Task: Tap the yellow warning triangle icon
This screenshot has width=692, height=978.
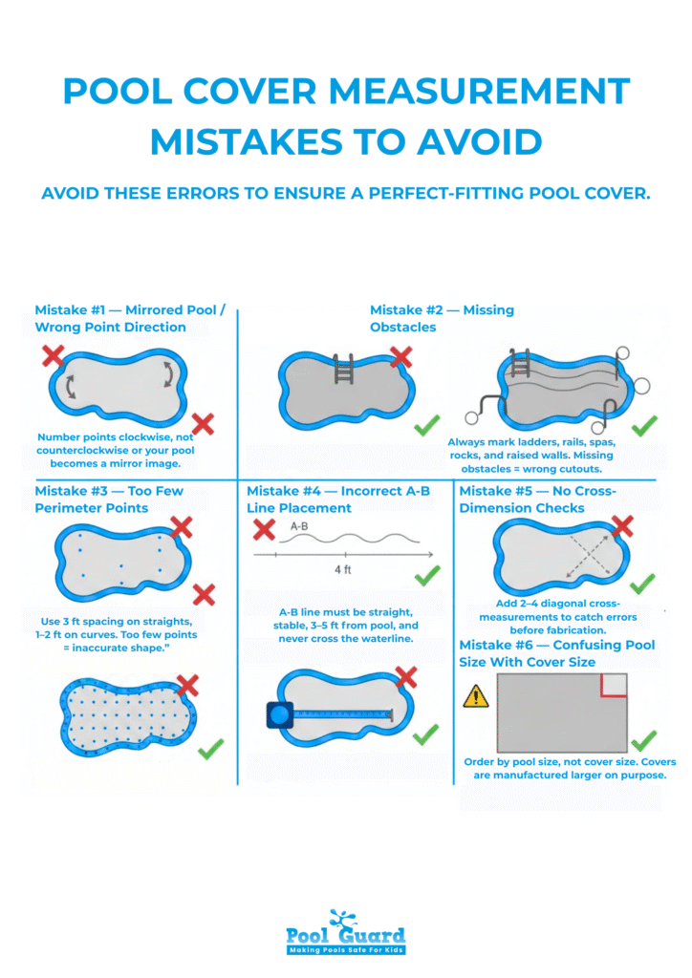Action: click(x=475, y=696)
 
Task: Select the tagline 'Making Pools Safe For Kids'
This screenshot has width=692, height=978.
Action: click(x=345, y=949)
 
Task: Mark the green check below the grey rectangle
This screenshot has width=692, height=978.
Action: click(x=642, y=740)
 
